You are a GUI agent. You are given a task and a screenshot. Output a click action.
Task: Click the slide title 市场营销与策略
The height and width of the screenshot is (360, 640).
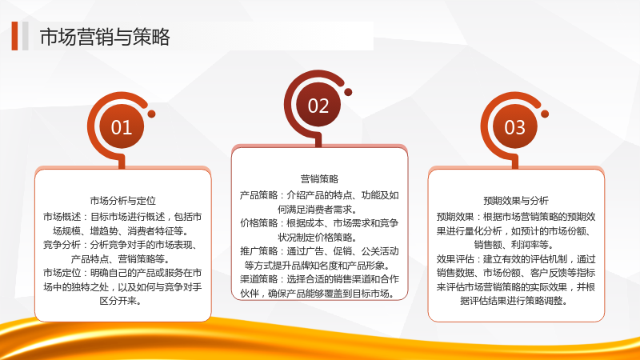click(105, 37)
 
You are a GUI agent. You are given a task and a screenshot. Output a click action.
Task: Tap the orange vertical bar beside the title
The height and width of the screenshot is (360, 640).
click(14, 36)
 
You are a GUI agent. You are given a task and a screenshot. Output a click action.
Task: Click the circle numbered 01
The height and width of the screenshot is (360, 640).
click(122, 127)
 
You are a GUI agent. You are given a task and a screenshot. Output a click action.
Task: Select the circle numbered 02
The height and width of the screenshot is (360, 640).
click(318, 106)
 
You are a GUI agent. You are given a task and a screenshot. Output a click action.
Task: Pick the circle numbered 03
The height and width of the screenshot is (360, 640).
click(514, 127)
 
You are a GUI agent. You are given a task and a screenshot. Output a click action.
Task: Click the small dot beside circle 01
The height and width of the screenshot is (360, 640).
click(151, 114)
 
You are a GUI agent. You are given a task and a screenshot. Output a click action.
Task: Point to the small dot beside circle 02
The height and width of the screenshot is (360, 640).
click(348, 92)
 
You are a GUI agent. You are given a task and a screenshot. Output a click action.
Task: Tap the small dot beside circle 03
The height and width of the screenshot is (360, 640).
click(545, 114)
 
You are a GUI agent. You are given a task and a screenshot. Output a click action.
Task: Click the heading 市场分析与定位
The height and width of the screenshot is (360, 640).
click(123, 201)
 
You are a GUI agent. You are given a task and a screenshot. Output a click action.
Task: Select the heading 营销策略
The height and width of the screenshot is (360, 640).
click(319, 178)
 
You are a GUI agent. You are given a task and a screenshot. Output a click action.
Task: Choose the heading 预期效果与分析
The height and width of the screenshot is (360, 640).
click(516, 201)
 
